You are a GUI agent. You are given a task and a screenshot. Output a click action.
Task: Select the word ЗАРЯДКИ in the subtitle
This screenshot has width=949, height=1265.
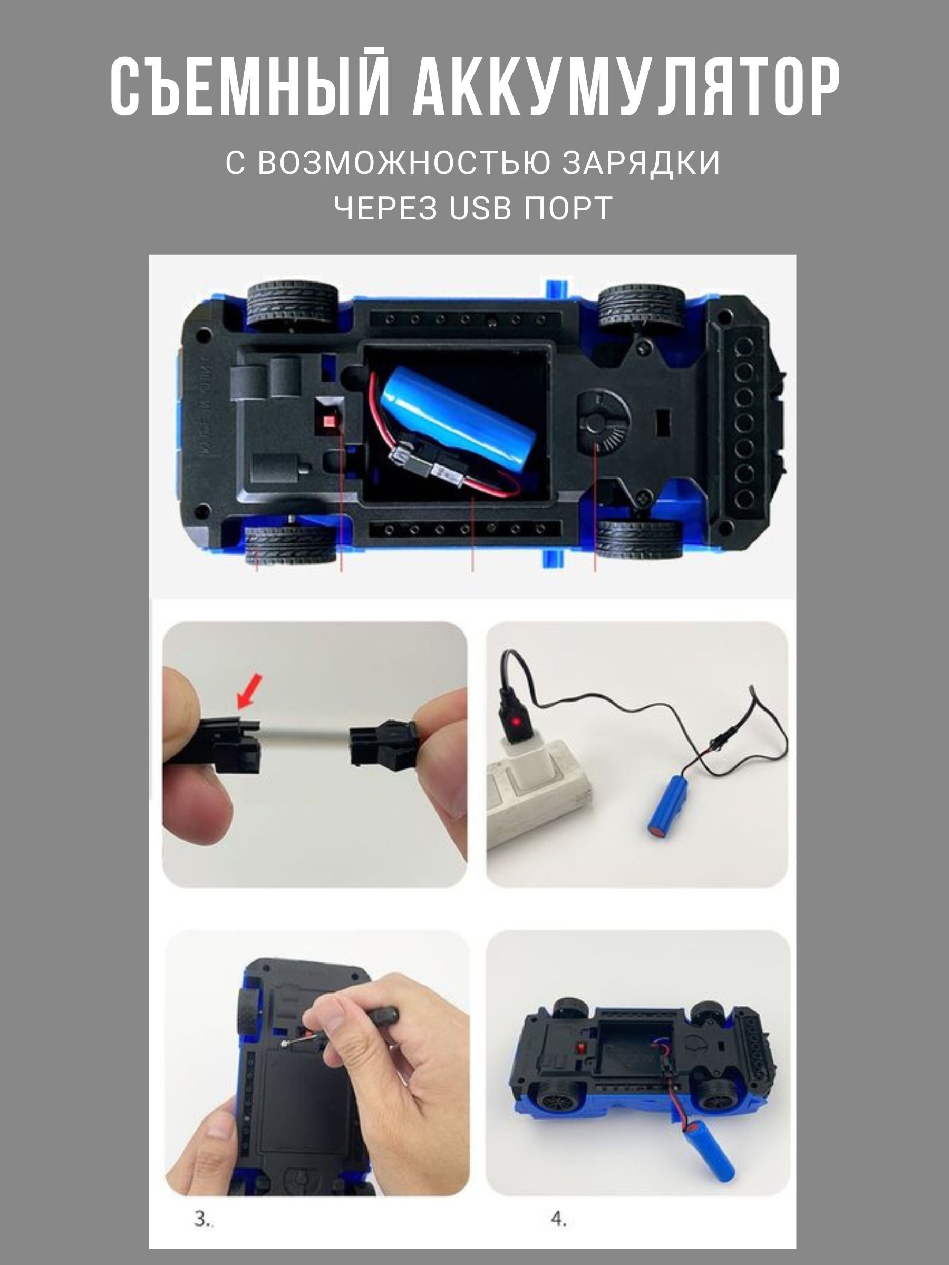tap(640, 162)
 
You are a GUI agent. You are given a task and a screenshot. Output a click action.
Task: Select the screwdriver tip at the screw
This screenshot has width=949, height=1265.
tap(285, 1044)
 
